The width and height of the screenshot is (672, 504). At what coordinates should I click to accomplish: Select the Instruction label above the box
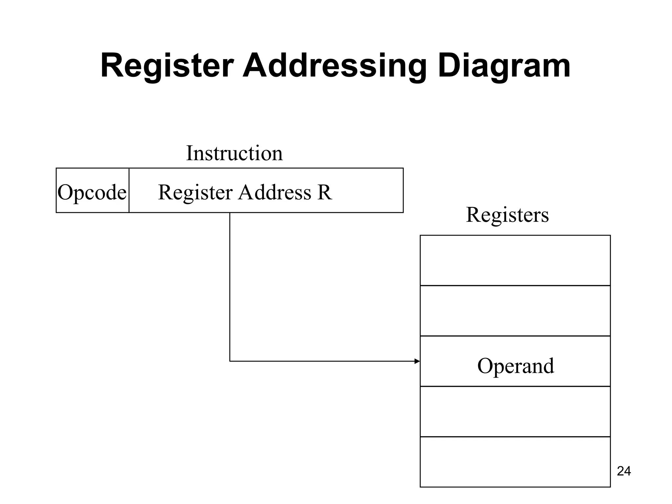tap(234, 153)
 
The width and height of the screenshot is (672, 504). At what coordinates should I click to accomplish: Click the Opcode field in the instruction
tap(92, 192)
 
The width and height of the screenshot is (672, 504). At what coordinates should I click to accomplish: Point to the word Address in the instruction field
tap(274, 192)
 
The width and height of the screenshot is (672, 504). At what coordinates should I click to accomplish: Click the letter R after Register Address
tap(324, 192)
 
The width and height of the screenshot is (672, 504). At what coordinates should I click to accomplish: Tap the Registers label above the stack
tap(507, 215)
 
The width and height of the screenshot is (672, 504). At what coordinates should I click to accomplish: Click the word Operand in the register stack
tap(515, 366)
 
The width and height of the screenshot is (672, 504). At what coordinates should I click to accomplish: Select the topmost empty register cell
tap(515, 260)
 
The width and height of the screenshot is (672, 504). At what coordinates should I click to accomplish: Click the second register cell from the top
tap(515, 310)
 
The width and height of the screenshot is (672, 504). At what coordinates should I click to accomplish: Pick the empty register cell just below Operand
tap(515, 411)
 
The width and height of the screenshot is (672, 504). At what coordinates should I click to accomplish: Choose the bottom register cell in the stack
tap(515, 462)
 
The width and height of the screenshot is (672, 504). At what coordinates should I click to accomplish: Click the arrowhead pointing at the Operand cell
tap(417, 361)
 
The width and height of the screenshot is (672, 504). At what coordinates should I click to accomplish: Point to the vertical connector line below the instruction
tap(230, 285)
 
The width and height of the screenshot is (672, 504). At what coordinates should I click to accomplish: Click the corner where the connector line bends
tap(230, 361)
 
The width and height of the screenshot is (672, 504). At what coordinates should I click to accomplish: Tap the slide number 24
tap(624, 471)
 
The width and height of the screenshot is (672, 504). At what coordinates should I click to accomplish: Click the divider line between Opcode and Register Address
tap(129, 190)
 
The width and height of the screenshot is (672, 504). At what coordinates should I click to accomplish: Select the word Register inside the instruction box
tap(195, 192)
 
